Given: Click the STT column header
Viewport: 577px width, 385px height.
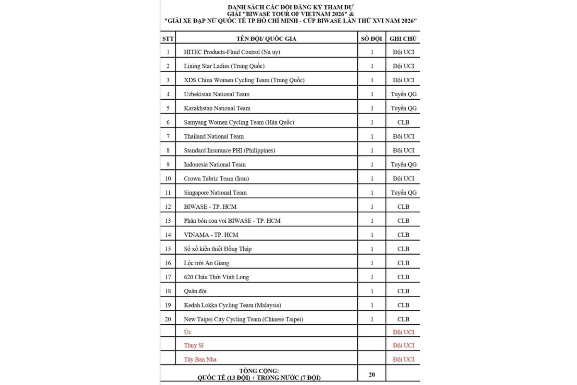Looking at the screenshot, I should (168, 38).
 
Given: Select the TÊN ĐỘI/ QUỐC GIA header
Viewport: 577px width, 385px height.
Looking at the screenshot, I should (266, 38).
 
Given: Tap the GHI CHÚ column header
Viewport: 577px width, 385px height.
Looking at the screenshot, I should (403, 38).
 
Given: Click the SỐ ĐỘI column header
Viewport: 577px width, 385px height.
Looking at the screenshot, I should (371, 38).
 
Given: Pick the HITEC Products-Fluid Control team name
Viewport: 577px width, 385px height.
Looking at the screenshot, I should (232, 52).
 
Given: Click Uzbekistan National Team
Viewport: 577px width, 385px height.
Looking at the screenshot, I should (216, 94).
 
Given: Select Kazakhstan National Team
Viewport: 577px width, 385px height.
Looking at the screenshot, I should (217, 108).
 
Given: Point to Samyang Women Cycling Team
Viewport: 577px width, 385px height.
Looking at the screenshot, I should (238, 122).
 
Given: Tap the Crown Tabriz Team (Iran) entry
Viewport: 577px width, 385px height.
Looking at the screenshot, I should (216, 179).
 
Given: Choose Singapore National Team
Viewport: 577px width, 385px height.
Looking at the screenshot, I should (215, 192).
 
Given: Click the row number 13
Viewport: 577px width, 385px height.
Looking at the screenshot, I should (168, 221).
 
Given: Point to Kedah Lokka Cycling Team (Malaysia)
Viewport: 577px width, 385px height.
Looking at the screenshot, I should (232, 305).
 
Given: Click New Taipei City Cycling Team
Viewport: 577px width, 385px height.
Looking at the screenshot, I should (243, 319).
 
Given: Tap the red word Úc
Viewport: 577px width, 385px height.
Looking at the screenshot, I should (188, 332).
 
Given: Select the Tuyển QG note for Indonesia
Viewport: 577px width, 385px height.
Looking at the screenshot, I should (403, 165).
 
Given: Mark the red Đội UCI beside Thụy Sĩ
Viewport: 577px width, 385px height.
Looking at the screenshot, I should (403, 346).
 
